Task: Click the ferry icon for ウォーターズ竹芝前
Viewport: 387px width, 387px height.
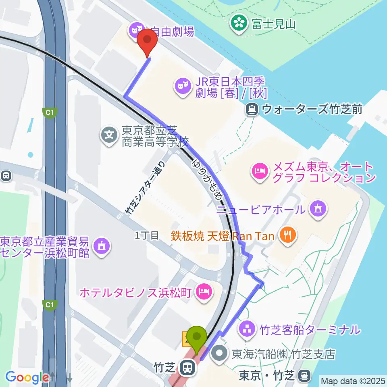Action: pyautogui.click(x=252, y=108)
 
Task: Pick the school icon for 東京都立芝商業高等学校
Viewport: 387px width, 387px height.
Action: pyautogui.click(x=109, y=133)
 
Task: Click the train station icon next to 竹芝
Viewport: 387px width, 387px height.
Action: pyautogui.click(x=187, y=368)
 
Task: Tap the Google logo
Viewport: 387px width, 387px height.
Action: pyautogui.click(x=27, y=377)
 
